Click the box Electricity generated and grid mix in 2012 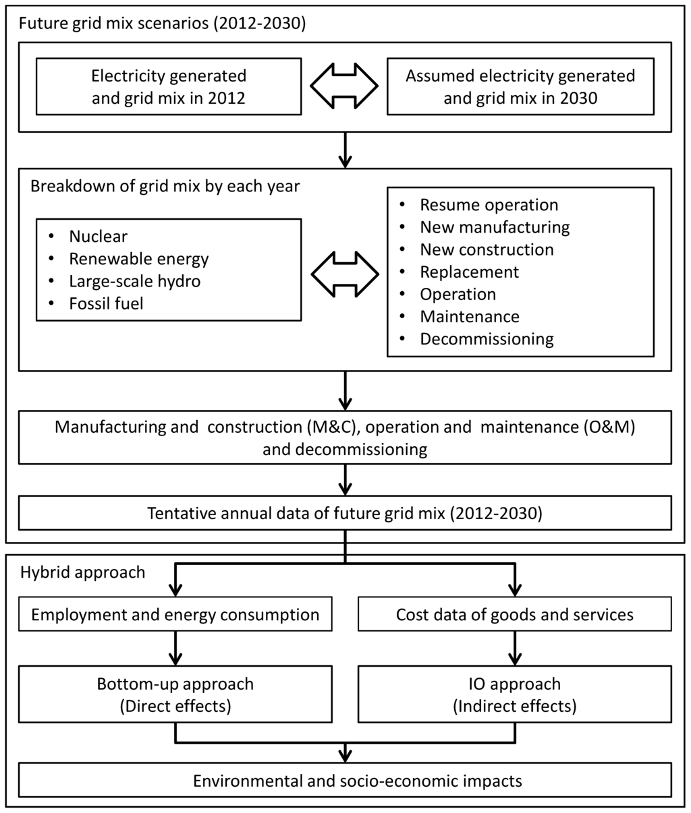coord(169,86)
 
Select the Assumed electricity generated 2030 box coord(520,86)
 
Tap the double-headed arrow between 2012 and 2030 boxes coord(344,86)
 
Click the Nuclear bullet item coord(98,237)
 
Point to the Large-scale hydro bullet coord(134,281)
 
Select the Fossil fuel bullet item coord(106,303)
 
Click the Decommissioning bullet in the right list coord(487,338)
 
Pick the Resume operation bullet coord(489,205)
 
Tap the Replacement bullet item coord(469,272)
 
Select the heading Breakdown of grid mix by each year coord(165,186)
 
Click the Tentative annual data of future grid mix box coord(344,514)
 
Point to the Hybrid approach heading coord(82,572)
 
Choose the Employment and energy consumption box coord(175,615)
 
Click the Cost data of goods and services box coord(514,615)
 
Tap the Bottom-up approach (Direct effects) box coord(175,694)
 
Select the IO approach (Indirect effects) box coord(514,694)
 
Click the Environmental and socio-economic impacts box coord(344,781)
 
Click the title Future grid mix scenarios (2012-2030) coord(162,25)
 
